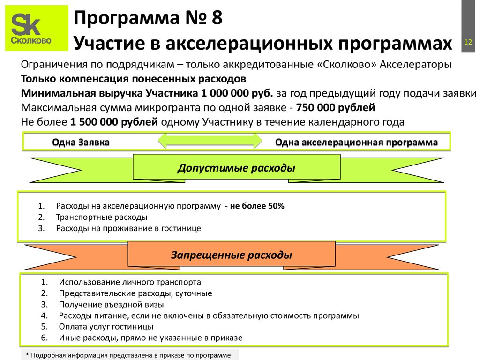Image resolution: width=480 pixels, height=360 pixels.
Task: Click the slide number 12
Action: (x=467, y=43)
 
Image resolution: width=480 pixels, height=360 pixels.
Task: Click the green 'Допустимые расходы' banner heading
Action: (x=236, y=168)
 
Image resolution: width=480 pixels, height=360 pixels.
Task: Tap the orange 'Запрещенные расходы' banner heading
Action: (x=232, y=255)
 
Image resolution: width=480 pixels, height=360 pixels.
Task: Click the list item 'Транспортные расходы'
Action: (x=102, y=217)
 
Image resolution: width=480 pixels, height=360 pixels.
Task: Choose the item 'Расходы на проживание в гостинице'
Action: (x=128, y=228)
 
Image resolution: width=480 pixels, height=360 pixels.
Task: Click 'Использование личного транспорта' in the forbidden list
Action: (x=130, y=282)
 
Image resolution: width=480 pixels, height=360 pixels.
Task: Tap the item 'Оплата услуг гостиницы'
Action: (x=106, y=326)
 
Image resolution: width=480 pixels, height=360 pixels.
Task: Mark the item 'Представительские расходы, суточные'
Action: (x=135, y=293)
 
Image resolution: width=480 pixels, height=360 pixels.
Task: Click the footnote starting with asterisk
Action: (x=128, y=355)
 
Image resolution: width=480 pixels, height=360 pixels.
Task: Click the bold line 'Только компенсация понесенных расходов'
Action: (x=133, y=78)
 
